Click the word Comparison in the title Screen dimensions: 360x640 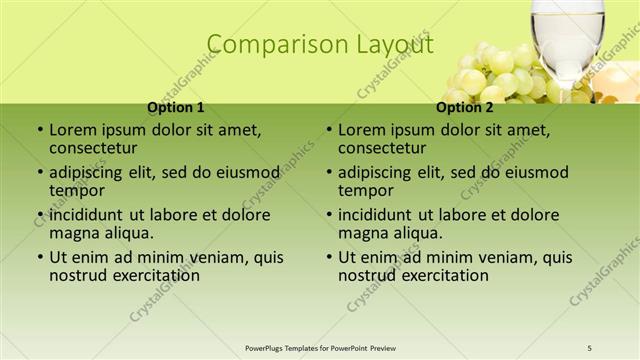(268, 45)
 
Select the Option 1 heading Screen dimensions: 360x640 (176, 107)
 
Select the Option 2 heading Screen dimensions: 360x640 (465, 107)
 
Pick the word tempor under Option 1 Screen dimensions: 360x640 (75, 190)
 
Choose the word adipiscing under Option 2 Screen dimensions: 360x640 (377, 171)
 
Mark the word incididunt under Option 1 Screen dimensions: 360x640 (87, 214)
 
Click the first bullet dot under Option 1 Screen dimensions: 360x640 (39, 130)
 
